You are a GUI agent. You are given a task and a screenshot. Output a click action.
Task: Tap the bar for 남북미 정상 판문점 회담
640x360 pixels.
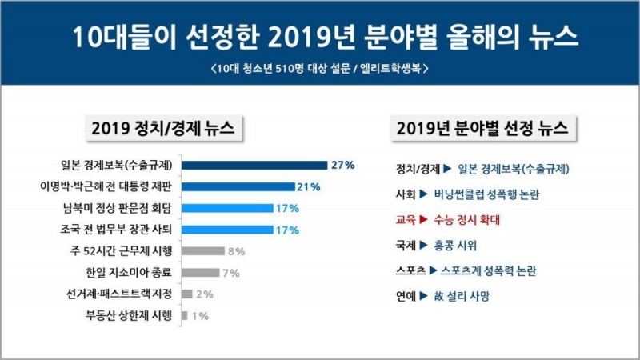click(x=227, y=208)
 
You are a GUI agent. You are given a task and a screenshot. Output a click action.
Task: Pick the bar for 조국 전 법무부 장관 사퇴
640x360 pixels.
click(x=227, y=230)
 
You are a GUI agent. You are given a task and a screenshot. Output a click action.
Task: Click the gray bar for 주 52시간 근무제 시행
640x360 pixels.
click(x=202, y=251)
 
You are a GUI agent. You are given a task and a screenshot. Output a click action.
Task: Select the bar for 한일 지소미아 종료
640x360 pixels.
click(x=200, y=273)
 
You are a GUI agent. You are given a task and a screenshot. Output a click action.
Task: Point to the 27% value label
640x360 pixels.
click(x=343, y=166)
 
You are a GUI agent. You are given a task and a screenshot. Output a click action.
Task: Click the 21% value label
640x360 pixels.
click(x=309, y=187)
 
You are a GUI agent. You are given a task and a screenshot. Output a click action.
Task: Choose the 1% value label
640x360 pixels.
click(x=201, y=315)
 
